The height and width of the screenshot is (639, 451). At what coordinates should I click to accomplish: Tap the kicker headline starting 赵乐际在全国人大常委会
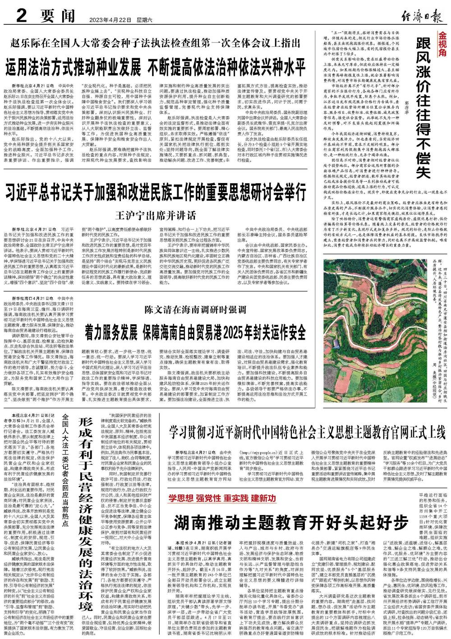tap(156, 43)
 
